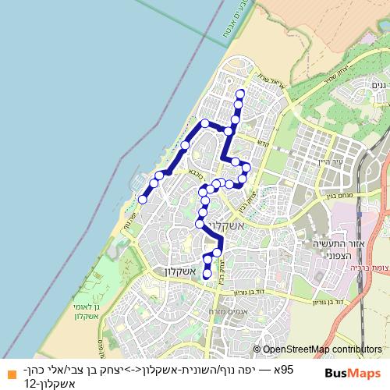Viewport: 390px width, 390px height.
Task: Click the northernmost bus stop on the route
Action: (x=239, y=94)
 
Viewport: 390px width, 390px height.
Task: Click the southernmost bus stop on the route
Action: (x=207, y=274)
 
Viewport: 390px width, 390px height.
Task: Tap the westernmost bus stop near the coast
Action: (x=143, y=200)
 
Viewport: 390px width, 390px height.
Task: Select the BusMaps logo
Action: (x=352, y=373)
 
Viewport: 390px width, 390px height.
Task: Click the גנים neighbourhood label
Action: (x=378, y=85)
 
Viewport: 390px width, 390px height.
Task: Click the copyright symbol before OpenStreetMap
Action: (x=257, y=350)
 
